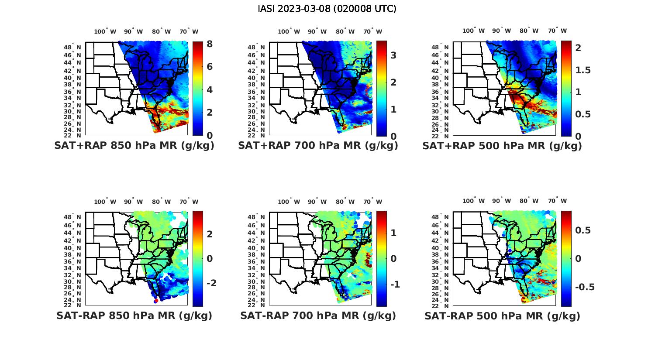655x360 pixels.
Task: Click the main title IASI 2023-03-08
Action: point(327,9)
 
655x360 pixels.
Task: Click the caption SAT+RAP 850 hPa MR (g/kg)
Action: point(134,146)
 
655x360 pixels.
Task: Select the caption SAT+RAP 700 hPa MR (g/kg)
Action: point(318,146)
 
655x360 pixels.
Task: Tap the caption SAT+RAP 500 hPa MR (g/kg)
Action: point(502,146)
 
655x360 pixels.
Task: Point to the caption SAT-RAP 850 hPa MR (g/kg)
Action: point(134,315)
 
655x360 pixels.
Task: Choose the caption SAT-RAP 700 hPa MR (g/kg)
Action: point(318,315)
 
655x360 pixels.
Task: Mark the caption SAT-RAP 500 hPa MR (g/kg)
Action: point(502,316)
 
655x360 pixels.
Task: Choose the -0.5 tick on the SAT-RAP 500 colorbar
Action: point(585,287)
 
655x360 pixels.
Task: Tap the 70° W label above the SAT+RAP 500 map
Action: point(558,31)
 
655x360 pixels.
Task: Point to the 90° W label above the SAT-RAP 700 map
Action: point(317,202)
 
